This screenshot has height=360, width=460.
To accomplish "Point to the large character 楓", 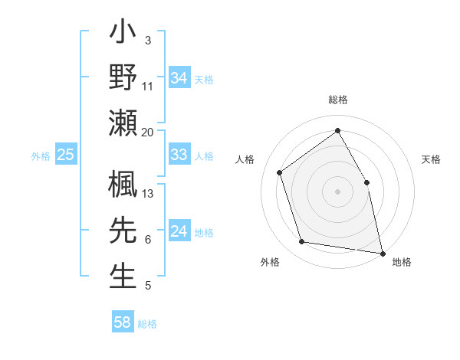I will [123, 185].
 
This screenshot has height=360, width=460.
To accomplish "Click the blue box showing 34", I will [179, 77].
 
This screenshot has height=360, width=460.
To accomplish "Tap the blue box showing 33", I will [179, 155].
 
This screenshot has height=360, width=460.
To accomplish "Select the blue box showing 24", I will [179, 231].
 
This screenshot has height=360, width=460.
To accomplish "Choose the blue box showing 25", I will [65, 155].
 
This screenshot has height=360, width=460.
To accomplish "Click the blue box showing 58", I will [122, 322].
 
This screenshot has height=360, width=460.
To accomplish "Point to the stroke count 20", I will [147, 132].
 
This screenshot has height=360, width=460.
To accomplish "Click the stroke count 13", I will [148, 193].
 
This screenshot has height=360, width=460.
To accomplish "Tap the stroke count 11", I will [148, 86].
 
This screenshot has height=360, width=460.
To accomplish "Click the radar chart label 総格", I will [338, 100].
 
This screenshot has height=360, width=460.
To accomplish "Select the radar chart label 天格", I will [431, 159].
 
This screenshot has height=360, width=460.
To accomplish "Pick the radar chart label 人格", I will [245, 159].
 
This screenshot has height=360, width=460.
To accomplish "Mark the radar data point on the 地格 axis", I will [383, 252].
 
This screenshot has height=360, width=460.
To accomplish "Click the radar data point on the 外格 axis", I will [302, 242].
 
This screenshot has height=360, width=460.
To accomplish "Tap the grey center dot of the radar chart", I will [338, 191].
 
